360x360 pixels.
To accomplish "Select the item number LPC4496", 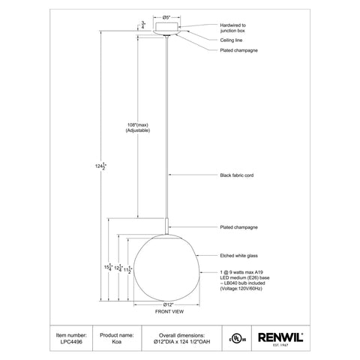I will [68, 343].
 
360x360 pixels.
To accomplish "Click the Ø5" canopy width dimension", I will [169, 16].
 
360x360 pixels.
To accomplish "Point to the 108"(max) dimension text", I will [136, 125].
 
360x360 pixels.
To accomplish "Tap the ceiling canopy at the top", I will [169, 26].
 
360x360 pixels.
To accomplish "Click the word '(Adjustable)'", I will [136, 131].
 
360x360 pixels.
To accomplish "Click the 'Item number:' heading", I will [68, 334].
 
